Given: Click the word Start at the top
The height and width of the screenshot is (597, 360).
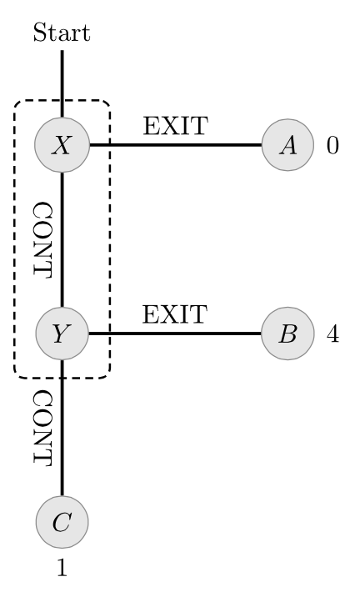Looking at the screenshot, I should coord(62,33).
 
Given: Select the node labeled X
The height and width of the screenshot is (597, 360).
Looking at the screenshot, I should coord(62,145).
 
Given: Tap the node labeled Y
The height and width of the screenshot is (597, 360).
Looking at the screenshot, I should coord(62,334).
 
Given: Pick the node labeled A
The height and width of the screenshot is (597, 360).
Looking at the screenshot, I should coord(287,145).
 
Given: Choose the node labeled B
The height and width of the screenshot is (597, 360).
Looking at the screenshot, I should coord(287,334).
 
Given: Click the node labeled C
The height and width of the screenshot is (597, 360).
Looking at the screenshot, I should coord(62,522).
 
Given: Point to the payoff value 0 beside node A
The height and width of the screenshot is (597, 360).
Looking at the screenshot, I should coord(332,145).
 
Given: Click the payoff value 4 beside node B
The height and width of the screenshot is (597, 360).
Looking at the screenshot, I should coord(332,334).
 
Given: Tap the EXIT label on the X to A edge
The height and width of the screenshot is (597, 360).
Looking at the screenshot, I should coord(175,126).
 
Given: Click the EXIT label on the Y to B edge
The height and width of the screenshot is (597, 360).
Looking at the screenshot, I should coord(175,314).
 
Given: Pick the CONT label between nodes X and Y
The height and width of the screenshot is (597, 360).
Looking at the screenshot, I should coord(42,239).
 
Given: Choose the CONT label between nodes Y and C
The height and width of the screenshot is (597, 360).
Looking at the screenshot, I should coord(42,428).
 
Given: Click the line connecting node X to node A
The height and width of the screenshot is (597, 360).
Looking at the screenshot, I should coord(175,145).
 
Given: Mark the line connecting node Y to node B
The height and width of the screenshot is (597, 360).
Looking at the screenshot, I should coord(175,334).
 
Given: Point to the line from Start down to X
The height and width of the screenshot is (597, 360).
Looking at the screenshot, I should coord(62,83).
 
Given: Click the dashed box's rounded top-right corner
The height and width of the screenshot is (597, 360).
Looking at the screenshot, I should coord(107,104).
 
